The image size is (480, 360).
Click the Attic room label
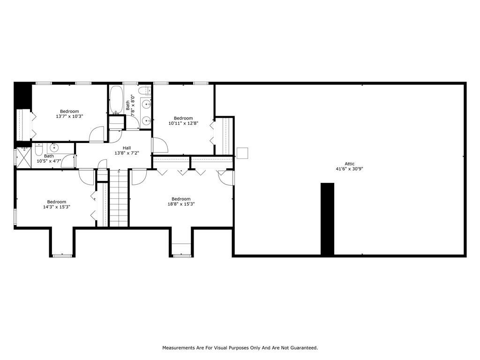(x=349, y=164)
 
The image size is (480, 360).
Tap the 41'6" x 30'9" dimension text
(x=349, y=169)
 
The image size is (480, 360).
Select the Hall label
(x=127, y=148)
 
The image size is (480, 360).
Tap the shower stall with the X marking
(x=24, y=157)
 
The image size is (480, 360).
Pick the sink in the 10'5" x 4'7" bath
(x=54, y=148)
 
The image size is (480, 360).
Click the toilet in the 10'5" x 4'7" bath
(x=38, y=150)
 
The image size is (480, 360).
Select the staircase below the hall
(x=119, y=198)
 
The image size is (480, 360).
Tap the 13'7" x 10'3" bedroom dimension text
(x=69, y=116)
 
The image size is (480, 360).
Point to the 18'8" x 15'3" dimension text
(x=181, y=204)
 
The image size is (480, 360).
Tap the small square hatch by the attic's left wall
(x=242, y=153)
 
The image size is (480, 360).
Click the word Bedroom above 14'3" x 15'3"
(x=57, y=202)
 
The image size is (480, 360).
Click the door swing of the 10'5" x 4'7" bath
(x=68, y=161)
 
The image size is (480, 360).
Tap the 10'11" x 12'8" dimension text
(x=183, y=123)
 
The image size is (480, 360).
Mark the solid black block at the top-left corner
(x=23, y=96)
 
